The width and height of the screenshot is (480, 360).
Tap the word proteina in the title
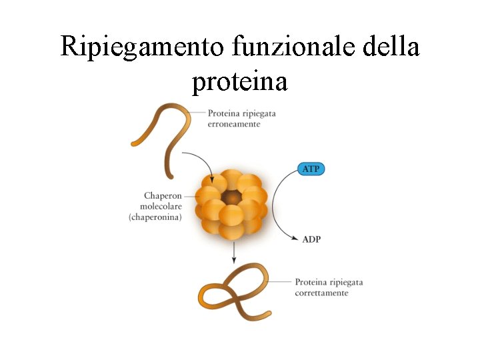(x=239, y=82)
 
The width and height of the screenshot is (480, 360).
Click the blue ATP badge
(x=311, y=169)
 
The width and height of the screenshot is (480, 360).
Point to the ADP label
(x=311, y=239)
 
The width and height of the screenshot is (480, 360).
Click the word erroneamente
(x=234, y=125)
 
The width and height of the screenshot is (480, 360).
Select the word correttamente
(x=321, y=293)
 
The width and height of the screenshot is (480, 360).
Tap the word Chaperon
(x=163, y=196)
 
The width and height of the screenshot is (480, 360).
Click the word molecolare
(x=161, y=207)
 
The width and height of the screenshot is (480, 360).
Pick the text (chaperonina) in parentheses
(x=155, y=217)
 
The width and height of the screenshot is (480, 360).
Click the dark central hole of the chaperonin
(x=231, y=197)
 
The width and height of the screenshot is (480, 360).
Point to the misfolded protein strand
(x=161, y=133)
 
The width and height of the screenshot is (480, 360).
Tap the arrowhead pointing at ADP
(x=295, y=238)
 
